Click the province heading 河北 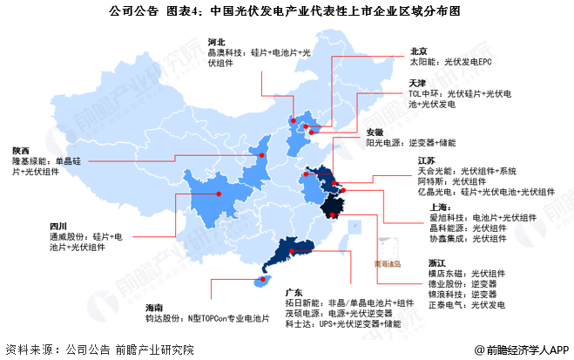click(x=217, y=41)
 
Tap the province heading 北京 click(x=418, y=51)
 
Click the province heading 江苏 click(x=426, y=160)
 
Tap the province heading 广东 click(x=293, y=290)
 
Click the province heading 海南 click(x=155, y=308)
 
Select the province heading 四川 click(x=58, y=226)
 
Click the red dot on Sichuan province click(x=219, y=194)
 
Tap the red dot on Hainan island click(x=258, y=281)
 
